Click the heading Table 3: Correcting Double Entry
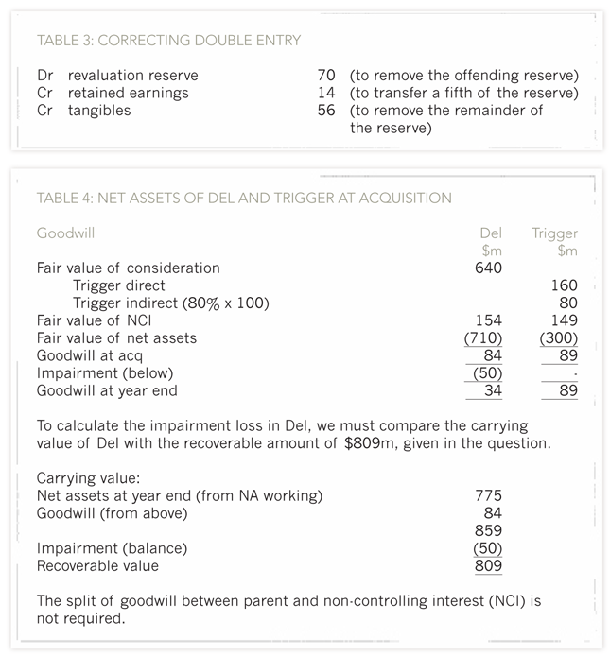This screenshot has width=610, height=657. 168,40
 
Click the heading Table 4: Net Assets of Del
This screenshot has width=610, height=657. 244,198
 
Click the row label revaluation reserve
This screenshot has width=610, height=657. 132,75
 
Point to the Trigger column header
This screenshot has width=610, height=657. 554,233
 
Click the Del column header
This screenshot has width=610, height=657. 490,233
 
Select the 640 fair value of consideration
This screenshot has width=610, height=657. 488,268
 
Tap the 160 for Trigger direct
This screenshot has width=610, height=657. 564,285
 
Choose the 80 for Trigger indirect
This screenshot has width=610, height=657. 567,303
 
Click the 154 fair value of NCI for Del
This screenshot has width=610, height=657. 488,320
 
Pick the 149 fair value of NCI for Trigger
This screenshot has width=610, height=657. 564,320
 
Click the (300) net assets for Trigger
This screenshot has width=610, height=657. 559,337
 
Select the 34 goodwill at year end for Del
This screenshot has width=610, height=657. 492,390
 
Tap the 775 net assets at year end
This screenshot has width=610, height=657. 488,495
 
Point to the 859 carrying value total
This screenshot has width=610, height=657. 488,530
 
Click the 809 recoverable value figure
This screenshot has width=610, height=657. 488,566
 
